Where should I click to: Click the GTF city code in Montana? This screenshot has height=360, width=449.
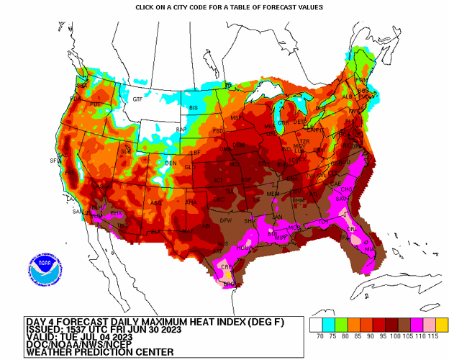pyautogui.click(x=137, y=99)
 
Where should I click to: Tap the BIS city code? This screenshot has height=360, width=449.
pyautogui.click(x=193, y=108)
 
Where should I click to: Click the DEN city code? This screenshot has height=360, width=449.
pyautogui.click(x=171, y=163)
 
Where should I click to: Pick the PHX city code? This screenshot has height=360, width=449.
pyautogui.click(x=115, y=214)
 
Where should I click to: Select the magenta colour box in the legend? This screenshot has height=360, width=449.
pyautogui.click(x=412, y=324)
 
